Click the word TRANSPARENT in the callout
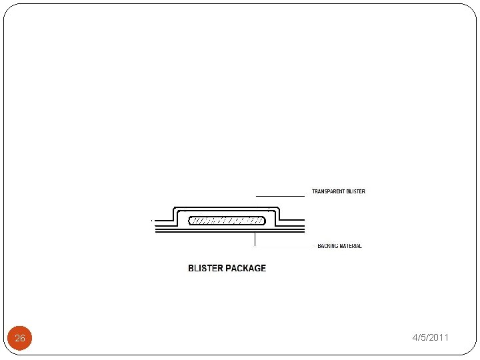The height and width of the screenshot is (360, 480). click(327, 192)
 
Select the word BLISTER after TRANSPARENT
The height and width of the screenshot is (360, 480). click(355, 192)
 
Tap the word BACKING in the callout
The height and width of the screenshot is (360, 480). click(328, 246)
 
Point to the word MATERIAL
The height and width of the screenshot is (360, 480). click(351, 246)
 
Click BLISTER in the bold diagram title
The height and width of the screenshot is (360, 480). click(206, 269)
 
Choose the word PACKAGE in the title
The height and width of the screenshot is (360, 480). click(246, 269)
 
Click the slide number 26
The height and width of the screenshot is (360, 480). click(20, 338)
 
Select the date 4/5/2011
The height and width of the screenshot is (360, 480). click(430, 338)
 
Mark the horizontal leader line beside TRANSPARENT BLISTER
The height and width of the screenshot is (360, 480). click(280, 196)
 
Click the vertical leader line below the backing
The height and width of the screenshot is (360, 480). click(255, 241)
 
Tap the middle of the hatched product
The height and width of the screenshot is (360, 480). click(227, 221)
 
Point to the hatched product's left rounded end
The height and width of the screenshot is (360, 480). click(191, 221)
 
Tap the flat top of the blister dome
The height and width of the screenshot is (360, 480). click(227, 209)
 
